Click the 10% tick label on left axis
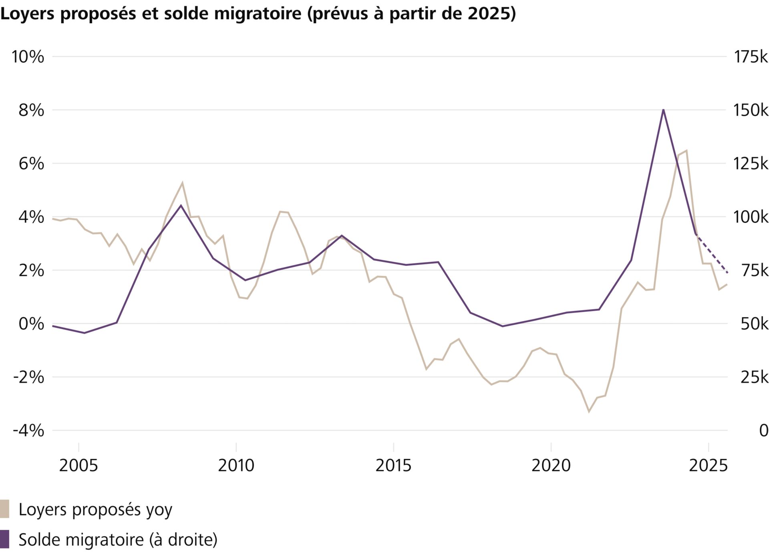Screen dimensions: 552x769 point(28,57)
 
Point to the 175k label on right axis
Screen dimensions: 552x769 point(750,57)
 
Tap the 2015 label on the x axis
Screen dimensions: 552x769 point(393,465)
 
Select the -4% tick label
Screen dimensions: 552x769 point(28,431)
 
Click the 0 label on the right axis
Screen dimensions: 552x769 point(763,431)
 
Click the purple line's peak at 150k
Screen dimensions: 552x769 point(663,110)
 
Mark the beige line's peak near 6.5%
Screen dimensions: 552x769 point(686,151)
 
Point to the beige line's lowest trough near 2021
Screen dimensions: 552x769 point(589,412)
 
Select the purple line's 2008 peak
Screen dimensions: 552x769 point(181,205)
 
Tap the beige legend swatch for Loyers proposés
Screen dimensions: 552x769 point(4,509)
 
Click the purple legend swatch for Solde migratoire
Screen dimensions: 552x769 point(4,539)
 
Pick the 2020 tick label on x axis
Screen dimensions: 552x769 point(551,465)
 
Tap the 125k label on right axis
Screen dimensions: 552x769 point(750,164)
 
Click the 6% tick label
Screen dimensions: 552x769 point(31,164)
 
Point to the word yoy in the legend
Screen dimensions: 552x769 point(159,510)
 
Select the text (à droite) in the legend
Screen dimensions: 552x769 point(183,540)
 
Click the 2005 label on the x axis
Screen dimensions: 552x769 point(79,465)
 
